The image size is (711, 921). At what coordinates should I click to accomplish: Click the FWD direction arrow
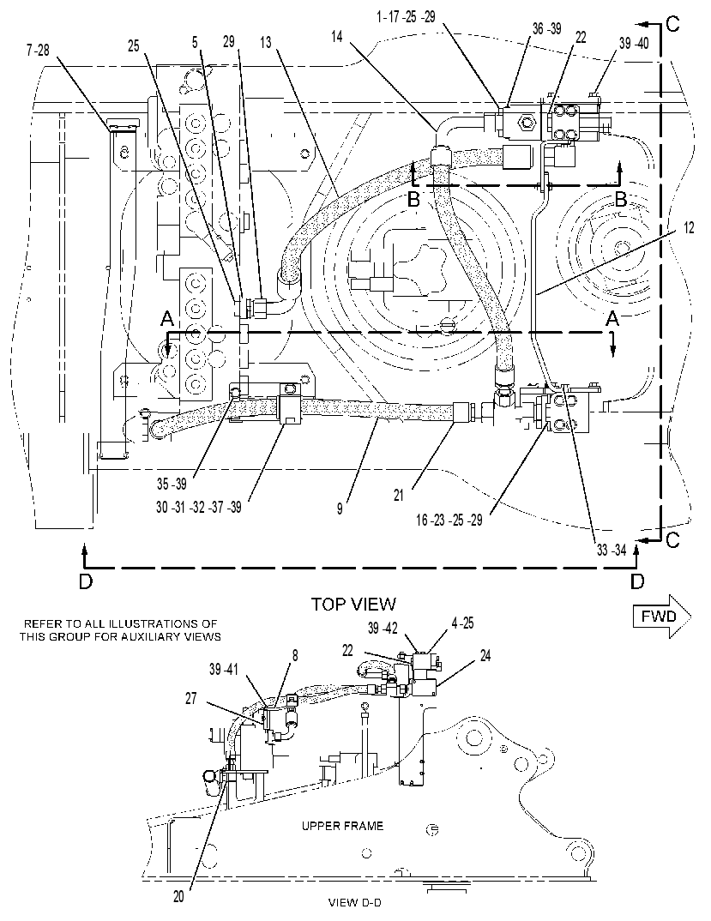(x=661, y=617)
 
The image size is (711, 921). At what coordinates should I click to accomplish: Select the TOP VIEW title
(x=353, y=604)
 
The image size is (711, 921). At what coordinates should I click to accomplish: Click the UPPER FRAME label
(x=342, y=826)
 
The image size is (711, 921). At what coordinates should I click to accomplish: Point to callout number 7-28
(x=38, y=51)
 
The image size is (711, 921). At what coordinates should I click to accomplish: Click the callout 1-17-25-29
(x=406, y=17)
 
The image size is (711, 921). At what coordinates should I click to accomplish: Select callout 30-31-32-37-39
(x=199, y=507)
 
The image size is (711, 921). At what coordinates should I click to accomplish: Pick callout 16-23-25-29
(x=449, y=520)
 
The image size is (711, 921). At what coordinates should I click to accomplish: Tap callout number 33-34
(x=612, y=550)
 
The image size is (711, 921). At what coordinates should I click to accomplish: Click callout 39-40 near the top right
(x=634, y=43)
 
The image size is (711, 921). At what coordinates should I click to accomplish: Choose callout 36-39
(x=547, y=29)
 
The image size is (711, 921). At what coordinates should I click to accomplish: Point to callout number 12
(x=689, y=226)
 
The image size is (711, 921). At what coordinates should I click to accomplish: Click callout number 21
(x=399, y=496)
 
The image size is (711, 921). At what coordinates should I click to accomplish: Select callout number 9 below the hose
(x=340, y=509)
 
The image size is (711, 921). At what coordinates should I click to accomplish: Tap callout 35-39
(x=172, y=484)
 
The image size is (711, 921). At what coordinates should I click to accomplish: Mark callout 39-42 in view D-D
(x=383, y=628)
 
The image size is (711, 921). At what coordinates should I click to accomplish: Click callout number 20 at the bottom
(x=178, y=896)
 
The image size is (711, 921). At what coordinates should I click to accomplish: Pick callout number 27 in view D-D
(x=190, y=698)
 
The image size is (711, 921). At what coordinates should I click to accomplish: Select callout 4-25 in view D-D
(x=462, y=623)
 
